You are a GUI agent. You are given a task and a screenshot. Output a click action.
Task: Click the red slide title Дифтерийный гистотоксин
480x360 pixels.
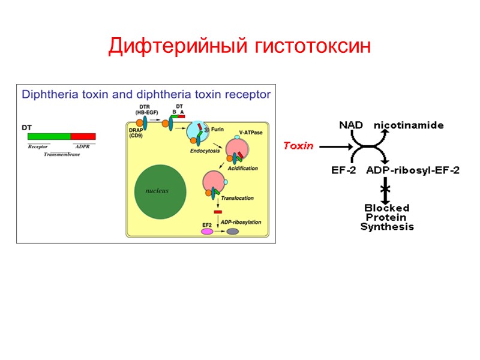[x=240, y=46]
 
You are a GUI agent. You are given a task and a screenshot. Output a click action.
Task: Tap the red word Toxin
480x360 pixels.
[x=298, y=145]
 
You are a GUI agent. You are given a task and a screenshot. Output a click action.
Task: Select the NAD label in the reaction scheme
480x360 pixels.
[x=351, y=125]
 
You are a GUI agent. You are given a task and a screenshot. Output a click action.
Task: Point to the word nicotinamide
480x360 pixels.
[x=409, y=125]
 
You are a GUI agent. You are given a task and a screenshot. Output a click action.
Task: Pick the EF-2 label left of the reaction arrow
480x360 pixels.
[x=344, y=170]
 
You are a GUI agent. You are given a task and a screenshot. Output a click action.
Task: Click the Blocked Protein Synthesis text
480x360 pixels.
[x=387, y=217]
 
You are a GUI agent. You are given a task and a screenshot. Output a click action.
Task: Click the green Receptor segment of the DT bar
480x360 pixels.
[x=49, y=137]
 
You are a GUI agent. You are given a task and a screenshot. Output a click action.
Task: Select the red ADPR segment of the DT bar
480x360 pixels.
[x=83, y=137]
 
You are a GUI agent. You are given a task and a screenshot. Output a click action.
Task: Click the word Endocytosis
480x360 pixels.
[x=204, y=151]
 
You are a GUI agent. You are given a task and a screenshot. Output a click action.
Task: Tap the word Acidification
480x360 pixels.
[x=242, y=169]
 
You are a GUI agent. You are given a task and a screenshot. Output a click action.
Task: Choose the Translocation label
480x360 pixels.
[x=237, y=198]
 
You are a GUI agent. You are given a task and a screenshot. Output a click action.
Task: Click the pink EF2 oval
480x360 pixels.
[x=207, y=230]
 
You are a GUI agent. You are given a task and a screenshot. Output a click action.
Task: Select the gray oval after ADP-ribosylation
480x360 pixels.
[x=232, y=231]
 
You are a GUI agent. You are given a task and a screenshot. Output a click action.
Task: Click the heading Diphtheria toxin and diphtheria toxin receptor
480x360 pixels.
[x=146, y=94]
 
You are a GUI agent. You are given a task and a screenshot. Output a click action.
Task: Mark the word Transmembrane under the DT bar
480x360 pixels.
[x=62, y=155]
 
